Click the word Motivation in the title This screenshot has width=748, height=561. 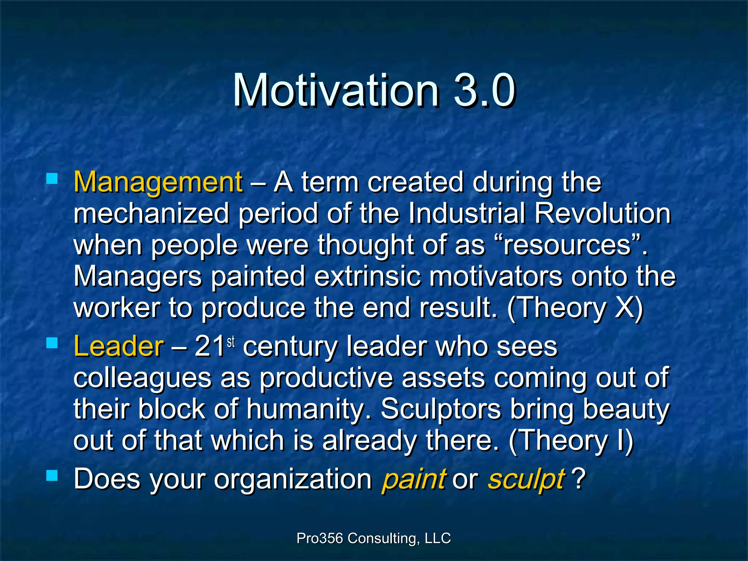pos(336,90)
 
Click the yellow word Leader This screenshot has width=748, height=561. pos(118,346)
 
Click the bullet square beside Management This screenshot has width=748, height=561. pos(52,179)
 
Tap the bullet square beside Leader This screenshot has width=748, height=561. pos(52,343)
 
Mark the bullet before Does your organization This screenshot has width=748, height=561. pos(52,476)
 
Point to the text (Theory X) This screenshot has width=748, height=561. pos(575,308)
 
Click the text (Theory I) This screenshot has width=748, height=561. pos(570,440)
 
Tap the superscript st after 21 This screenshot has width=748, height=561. pos(230,342)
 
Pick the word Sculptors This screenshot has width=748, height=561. pos(440,409)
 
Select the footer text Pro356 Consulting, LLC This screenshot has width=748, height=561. pos(374,538)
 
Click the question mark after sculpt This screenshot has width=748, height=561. pos(579,478)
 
